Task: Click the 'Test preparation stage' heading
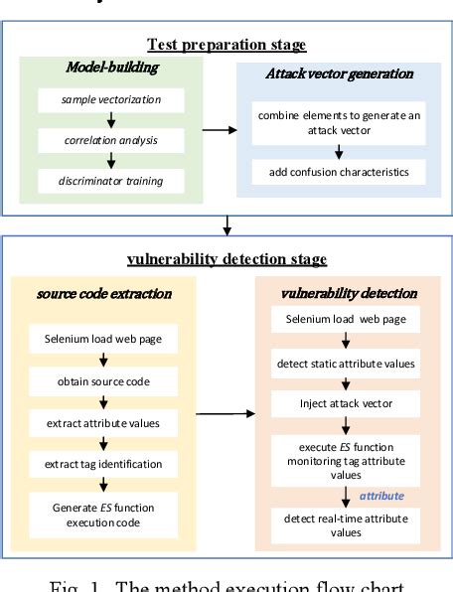click(226, 45)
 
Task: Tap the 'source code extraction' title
click(103, 294)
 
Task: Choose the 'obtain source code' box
click(103, 380)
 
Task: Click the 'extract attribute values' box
click(103, 422)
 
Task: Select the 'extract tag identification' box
click(103, 463)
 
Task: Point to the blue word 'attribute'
click(381, 494)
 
